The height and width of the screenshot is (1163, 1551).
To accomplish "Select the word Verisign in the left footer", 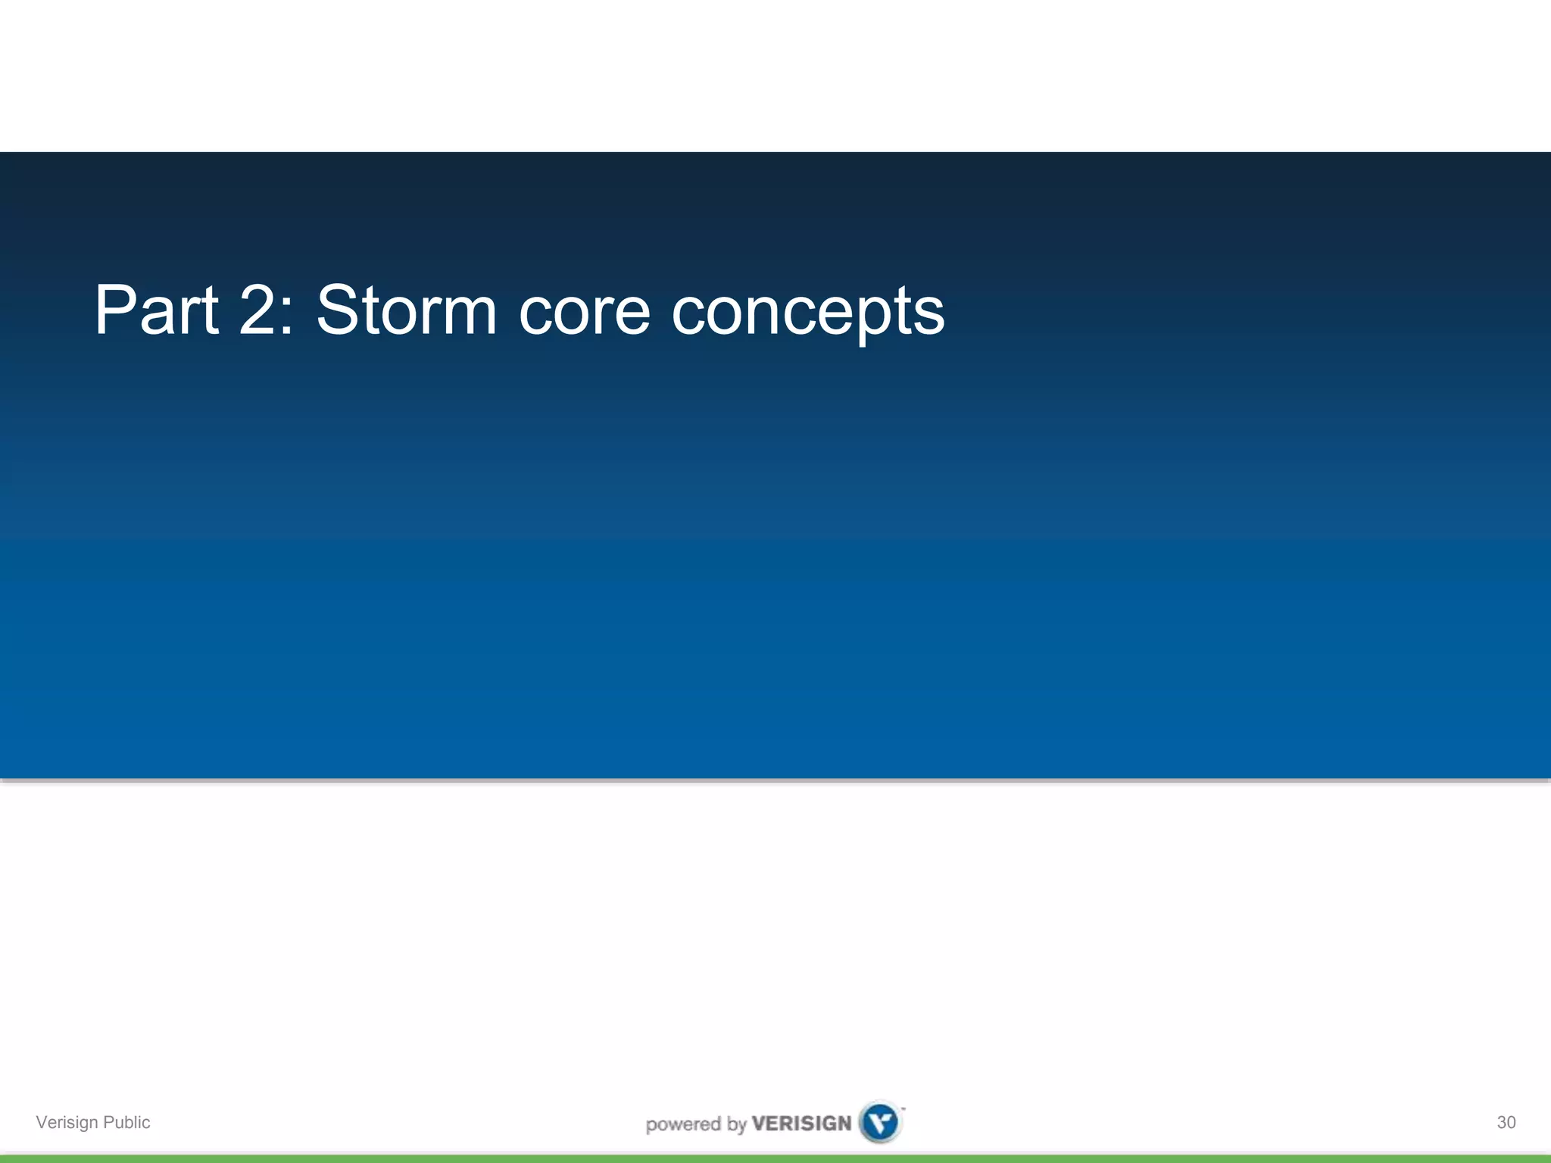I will coord(67,1122).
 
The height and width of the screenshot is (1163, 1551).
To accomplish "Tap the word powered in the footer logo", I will coord(683,1124).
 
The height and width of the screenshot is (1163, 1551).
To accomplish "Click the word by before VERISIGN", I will coord(737,1124).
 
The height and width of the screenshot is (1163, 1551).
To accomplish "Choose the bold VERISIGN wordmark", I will coord(801,1123).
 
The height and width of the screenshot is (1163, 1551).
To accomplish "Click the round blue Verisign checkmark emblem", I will coord(880,1122).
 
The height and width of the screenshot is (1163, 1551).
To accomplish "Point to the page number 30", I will coord(1506,1122).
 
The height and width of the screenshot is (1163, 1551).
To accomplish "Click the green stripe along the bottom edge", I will coord(775,1158).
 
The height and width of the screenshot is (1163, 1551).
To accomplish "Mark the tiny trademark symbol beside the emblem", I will coord(903,1108).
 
